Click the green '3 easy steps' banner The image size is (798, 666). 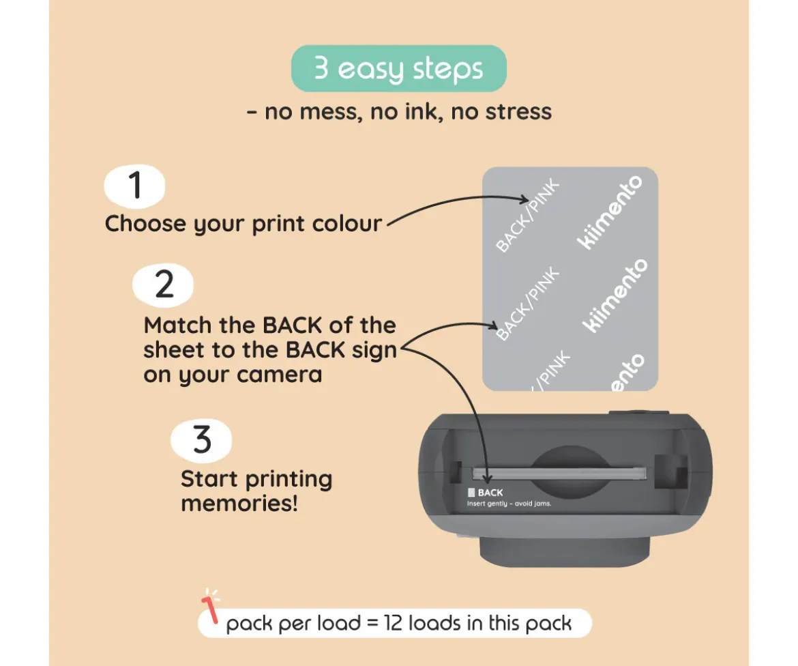pyautogui.click(x=398, y=68)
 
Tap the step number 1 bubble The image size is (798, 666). pyautogui.click(x=134, y=186)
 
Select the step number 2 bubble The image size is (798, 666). pyautogui.click(x=163, y=285)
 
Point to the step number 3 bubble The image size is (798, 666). pyautogui.click(x=201, y=440)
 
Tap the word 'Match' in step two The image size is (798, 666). pyautogui.click(x=177, y=325)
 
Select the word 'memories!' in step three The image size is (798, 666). pyautogui.click(x=239, y=504)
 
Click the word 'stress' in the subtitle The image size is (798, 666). pyautogui.click(x=518, y=111)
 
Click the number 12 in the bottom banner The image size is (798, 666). pyautogui.click(x=394, y=623)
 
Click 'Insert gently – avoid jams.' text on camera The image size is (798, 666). pyautogui.click(x=509, y=504)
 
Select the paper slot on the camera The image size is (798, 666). pyautogui.click(x=559, y=474)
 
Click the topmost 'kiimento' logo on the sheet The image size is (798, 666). pyautogui.click(x=610, y=212)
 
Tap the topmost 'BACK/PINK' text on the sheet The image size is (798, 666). pyautogui.click(x=527, y=216)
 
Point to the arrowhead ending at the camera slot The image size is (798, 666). pyautogui.click(x=487, y=478)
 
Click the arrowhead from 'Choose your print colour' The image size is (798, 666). pyautogui.click(x=524, y=199)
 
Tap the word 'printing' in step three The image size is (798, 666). pyautogui.click(x=289, y=480)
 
